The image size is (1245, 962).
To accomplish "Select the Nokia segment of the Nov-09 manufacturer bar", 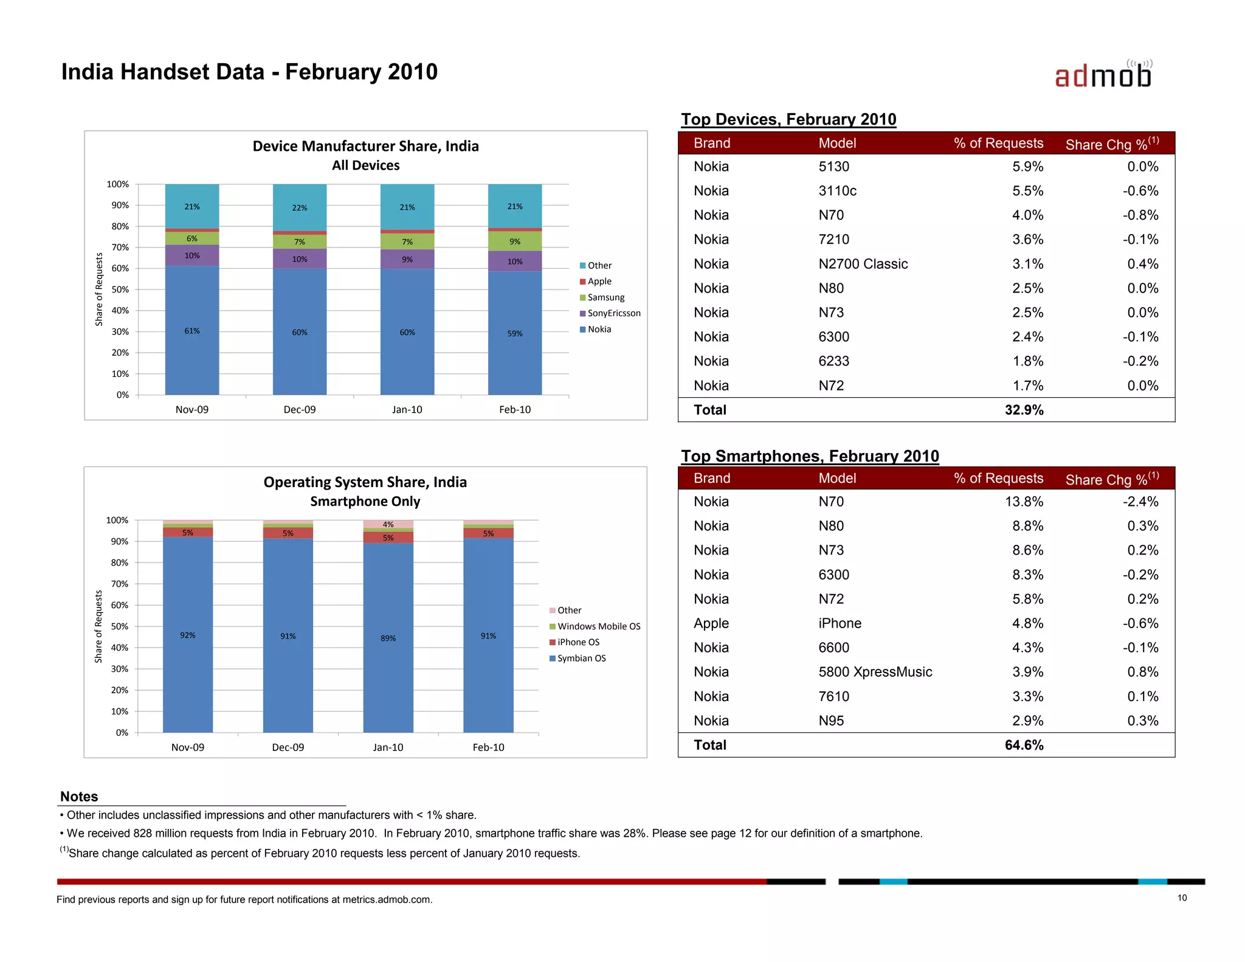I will (192, 330).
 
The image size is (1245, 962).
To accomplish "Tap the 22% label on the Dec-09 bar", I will (300, 208).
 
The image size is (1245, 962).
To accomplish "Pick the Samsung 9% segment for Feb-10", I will (515, 241).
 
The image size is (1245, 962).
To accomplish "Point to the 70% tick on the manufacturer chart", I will (120, 247).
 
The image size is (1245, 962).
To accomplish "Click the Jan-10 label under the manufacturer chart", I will (407, 409).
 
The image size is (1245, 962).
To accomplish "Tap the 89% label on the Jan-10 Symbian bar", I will (388, 638).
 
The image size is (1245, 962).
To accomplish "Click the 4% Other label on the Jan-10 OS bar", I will (388, 524).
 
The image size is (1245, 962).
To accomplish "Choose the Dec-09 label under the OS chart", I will (288, 747).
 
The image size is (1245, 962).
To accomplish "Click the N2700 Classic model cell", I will (863, 264).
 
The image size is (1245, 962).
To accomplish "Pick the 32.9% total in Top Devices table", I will (1024, 410).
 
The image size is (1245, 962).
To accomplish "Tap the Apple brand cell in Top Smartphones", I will (711, 623).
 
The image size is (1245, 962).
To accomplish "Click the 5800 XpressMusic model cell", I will (875, 672).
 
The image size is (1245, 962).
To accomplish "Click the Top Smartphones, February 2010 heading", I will (810, 456).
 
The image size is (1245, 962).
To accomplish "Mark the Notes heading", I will (79, 797).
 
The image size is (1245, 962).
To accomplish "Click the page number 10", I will (1182, 898).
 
